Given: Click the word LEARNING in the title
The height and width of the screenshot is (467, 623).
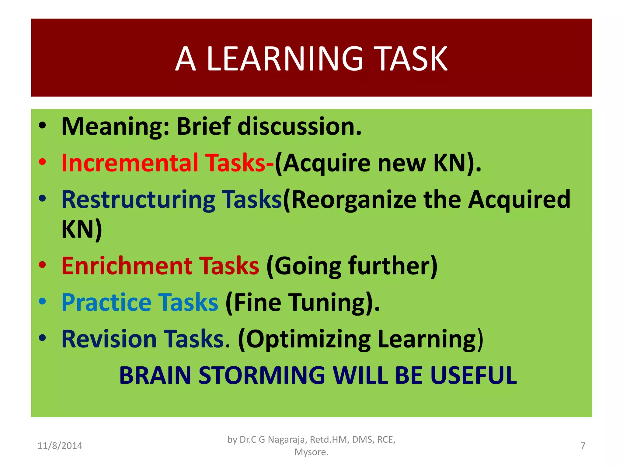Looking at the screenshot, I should click(x=285, y=59).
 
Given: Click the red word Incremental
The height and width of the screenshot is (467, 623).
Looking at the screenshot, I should click(x=130, y=163).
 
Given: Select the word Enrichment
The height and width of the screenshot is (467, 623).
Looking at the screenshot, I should click(x=127, y=266).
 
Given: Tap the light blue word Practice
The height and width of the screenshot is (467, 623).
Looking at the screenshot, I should click(x=106, y=303).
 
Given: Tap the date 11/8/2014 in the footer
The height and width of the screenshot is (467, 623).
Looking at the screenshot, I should click(x=60, y=446).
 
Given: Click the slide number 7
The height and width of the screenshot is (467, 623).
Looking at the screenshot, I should click(x=583, y=446).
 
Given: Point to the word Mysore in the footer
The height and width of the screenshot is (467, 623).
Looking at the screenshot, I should click(x=311, y=452).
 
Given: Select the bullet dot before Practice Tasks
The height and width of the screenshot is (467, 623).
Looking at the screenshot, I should click(x=42, y=301).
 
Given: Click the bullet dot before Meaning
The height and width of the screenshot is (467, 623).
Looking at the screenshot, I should click(x=42, y=125).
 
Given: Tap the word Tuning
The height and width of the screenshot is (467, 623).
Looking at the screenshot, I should click(x=327, y=303).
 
